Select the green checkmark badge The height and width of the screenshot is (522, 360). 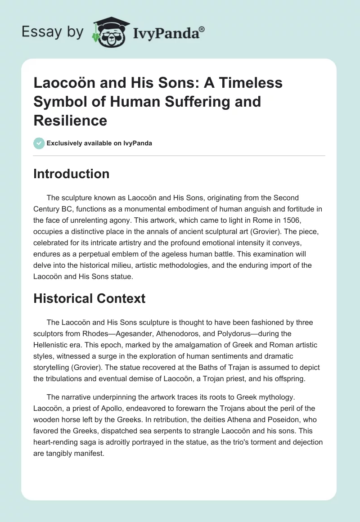39,143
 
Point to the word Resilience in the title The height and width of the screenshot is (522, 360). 70,120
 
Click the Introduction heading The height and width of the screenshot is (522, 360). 71,174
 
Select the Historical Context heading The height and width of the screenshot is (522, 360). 90,299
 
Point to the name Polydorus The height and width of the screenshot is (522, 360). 247,333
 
